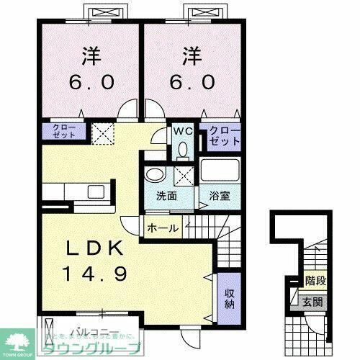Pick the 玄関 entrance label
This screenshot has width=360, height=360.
point(311,301)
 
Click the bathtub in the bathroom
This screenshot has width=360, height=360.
point(220,173)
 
